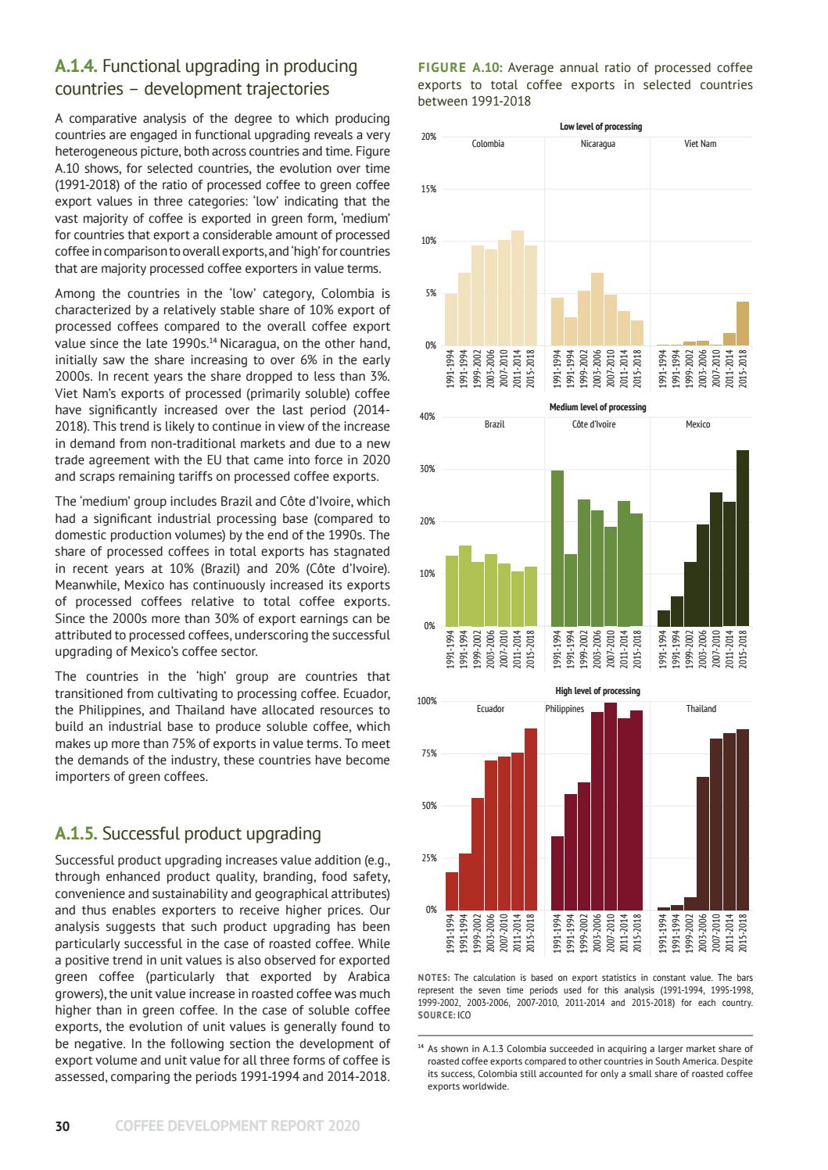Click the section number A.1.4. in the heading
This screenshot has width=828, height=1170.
tap(76, 66)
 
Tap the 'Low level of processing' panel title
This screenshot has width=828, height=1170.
tap(600, 127)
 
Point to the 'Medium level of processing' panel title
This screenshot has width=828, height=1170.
tap(597, 407)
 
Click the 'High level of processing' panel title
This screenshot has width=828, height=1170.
tap(597, 691)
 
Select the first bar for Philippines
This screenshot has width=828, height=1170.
tap(557, 872)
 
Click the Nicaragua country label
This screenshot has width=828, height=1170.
tap(597, 144)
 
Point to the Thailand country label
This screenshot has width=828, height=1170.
tap(701, 709)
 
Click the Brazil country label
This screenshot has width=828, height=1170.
tap(494, 424)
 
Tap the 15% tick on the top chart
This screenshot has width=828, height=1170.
tap(428, 189)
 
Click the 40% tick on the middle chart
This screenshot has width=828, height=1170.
tap(428, 417)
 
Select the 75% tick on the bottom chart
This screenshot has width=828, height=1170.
tap(428, 753)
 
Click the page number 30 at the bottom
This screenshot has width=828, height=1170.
tap(63, 1125)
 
